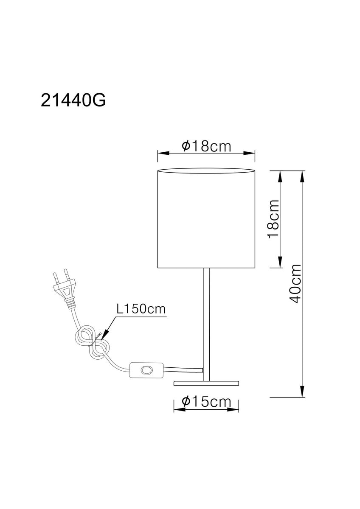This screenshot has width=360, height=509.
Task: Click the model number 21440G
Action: (x=73, y=100)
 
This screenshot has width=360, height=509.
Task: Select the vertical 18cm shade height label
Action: (x=273, y=218)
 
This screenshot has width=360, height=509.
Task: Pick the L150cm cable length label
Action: (x=141, y=309)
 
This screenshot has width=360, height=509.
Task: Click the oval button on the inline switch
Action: (x=146, y=370)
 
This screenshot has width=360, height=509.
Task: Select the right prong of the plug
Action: (x=66, y=275)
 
